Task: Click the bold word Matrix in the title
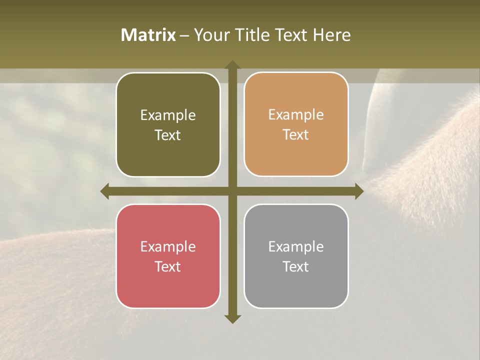click(x=148, y=35)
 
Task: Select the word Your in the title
click(x=210, y=35)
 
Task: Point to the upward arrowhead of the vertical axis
click(x=232, y=65)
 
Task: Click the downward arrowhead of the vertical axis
click(x=232, y=318)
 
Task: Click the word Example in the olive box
click(x=168, y=115)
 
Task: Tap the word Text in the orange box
click(x=296, y=135)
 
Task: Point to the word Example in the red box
click(x=168, y=246)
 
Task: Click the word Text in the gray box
click(x=296, y=266)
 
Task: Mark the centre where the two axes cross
click(x=232, y=191)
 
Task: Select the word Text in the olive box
click(x=168, y=135)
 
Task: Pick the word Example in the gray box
click(x=296, y=246)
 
